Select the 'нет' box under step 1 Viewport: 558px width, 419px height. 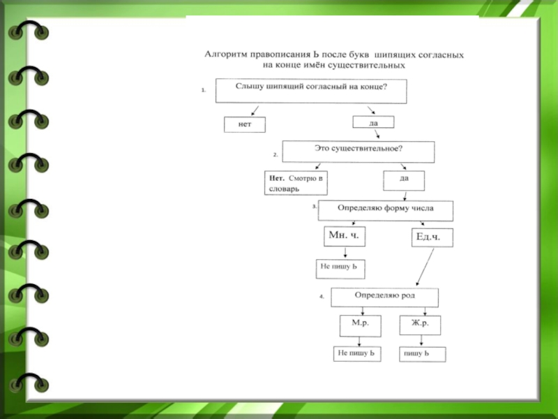(x=245, y=125)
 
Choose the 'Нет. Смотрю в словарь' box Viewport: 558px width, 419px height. (x=296, y=184)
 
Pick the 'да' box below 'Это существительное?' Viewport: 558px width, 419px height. (x=404, y=180)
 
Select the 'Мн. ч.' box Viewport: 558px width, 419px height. (x=345, y=237)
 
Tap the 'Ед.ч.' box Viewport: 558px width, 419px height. (x=432, y=238)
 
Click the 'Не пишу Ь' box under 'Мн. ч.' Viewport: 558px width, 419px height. (x=341, y=267)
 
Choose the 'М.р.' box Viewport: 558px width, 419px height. (x=359, y=324)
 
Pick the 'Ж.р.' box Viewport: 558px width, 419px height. (x=419, y=324)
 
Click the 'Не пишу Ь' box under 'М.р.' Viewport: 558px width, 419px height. (x=357, y=354)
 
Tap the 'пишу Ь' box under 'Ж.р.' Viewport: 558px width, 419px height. (x=421, y=355)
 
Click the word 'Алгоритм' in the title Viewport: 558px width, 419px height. (x=225, y=54)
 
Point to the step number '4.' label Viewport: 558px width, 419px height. (x=322, y=297)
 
